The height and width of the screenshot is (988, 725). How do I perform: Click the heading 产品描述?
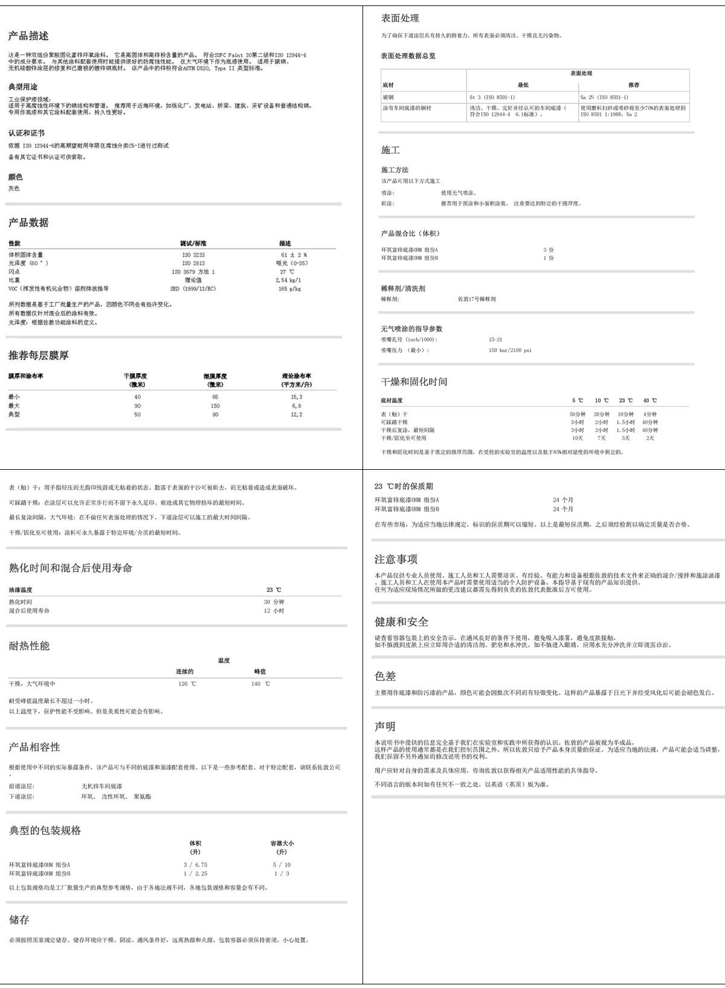[28, 36]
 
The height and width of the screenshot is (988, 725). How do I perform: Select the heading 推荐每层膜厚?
[39, 355]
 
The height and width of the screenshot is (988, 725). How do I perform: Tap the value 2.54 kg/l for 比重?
[288, 280]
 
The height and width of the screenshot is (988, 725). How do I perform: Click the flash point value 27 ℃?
[287, 272]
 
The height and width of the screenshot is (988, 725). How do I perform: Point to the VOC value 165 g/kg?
[289, 289]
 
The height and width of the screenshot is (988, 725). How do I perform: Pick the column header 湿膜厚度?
[215, 376]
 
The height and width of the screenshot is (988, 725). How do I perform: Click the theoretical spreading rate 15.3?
[296, 397]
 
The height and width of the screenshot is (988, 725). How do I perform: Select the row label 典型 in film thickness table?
[14, 414]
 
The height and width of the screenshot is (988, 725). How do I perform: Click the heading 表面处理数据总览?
[408, 56]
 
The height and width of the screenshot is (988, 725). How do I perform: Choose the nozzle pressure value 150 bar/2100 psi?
[510, 350]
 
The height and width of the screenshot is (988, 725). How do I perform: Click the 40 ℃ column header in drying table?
[649, 400]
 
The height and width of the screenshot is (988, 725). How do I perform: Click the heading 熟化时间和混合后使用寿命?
[70, 568]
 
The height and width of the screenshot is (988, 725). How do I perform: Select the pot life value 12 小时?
[274, 611]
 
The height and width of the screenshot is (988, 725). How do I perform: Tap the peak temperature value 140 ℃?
[260, 684]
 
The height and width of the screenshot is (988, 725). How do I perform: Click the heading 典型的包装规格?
[45, 830]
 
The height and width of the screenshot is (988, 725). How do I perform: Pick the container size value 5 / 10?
[282, 865]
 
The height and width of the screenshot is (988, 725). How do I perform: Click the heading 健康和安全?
[401, 621]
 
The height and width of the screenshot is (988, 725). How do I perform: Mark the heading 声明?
[385, 726]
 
